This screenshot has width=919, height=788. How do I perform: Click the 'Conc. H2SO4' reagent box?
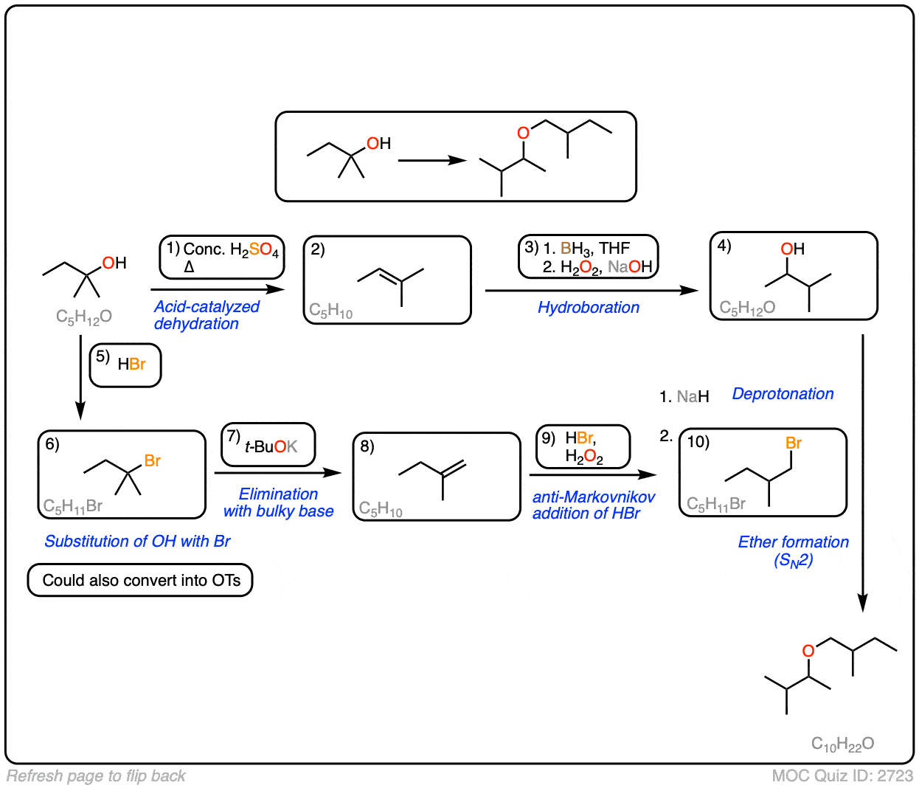tap(222, 258)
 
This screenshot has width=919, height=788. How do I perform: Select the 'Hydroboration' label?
tap(588, 308)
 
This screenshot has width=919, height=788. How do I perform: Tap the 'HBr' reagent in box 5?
tap(131, 364)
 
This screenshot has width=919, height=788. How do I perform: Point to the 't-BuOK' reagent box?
tap(268, 445)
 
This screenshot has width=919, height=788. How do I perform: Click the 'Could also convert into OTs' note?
tap(140, 581)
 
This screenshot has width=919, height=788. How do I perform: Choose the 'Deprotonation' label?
tap(783, 394)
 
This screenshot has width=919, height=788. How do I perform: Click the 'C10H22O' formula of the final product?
tap(842, 744)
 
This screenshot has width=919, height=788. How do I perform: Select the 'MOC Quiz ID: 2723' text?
tap(842, 776)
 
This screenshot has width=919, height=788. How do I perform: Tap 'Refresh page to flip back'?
tap(96, 776)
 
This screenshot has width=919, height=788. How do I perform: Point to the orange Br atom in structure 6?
tap(152, 461)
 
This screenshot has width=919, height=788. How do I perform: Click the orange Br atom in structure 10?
tap(794, 443)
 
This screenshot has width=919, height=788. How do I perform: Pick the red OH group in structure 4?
tap(792, 249)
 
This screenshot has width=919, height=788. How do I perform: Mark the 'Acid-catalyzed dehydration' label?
tap(207, 315)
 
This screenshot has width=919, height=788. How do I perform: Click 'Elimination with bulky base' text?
tap(278, 502)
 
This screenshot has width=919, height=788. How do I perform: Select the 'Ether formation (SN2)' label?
tap(793, 551)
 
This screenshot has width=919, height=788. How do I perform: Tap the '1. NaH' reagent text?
tap(684, 397)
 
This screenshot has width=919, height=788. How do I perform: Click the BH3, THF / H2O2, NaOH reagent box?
tap(588, 258)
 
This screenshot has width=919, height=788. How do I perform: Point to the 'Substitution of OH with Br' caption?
tap(137, 542)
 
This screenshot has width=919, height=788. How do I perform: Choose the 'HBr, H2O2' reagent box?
tap(583, 447)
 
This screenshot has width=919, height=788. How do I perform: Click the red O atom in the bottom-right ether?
tap(808, 651)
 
